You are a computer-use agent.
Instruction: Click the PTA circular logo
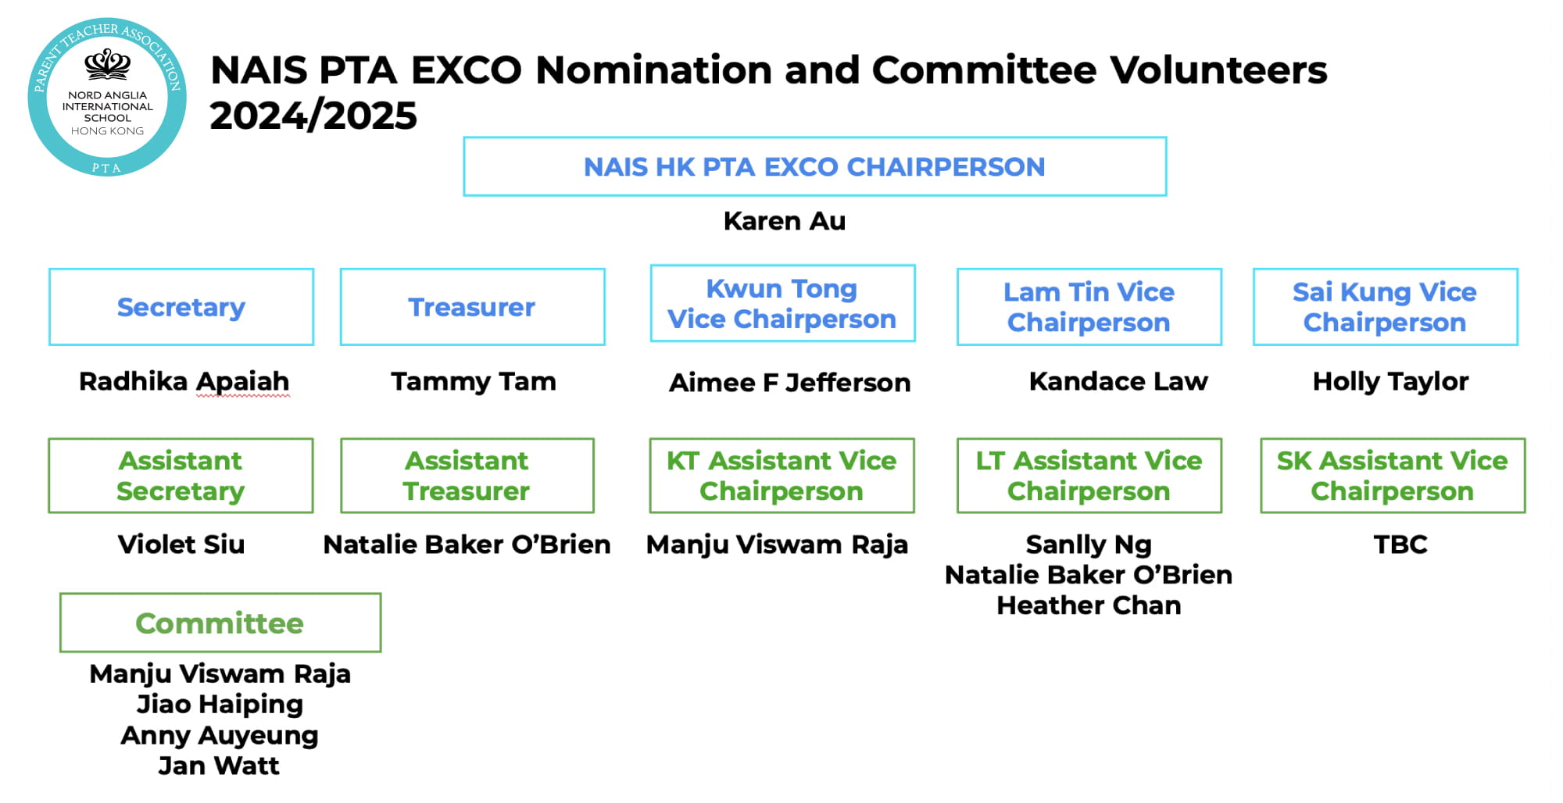[x=107, y=97]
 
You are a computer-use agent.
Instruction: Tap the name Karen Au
[x=785, y=221]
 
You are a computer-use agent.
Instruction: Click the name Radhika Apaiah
[x=184, y=382]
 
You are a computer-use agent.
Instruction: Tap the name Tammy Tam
[x=474, y=381]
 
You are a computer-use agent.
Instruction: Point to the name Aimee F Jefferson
[x=790, y=383]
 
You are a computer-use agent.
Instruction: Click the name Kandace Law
[x=1118, y=381]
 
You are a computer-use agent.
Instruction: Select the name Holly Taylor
[x=1391, y=382]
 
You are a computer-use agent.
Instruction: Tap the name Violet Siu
[x=181, y=544]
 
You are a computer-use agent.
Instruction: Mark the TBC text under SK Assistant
[x=1400, y=544]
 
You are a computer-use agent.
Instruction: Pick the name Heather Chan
[x=1089, y=605]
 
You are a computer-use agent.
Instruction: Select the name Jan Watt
[x=219, y=766]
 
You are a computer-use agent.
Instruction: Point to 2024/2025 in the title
[x=313, y=116]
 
